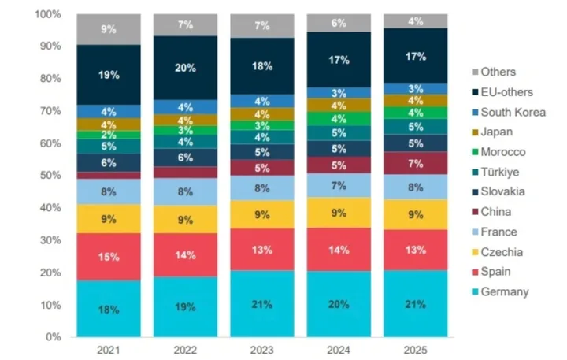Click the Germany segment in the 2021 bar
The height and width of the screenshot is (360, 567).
click(x=109, y=308)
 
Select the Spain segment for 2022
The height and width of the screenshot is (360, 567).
click(x=185, y=254)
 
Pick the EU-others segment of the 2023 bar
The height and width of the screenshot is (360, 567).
click(x=262, y=66)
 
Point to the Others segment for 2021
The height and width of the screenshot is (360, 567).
click(x=109, y=29)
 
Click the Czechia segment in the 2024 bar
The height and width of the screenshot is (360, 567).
click(x=339, y=212)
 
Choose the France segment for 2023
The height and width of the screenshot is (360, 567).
click(x=262, y=187)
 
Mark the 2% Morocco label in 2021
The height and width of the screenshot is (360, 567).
click(x=109, y=135)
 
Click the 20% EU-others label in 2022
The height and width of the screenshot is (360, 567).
click(x=185, y=68)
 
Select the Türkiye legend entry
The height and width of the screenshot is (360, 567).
click(x=505, y=172)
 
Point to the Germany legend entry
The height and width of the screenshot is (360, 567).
click(x=507, y=291)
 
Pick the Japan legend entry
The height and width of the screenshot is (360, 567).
click(x=499, y=132)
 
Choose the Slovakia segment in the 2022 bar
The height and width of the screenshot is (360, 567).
click(x=185, y=158)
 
